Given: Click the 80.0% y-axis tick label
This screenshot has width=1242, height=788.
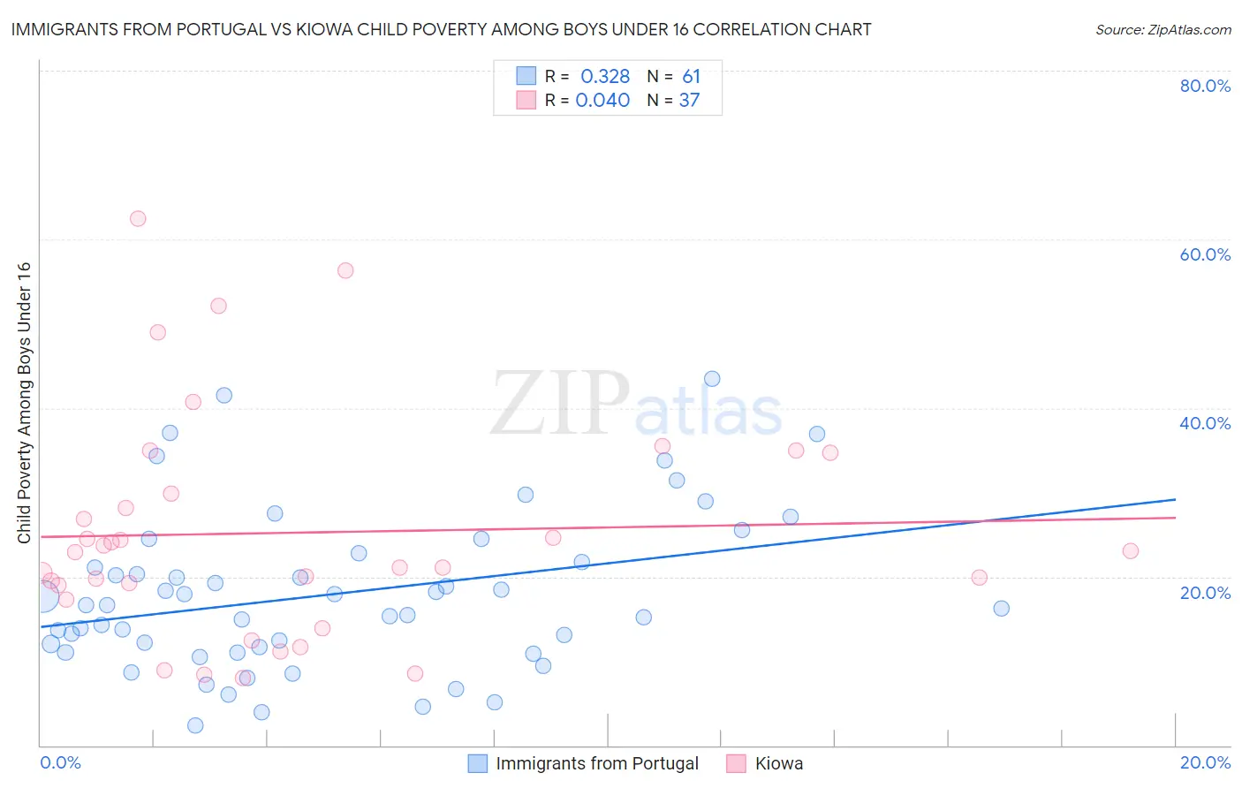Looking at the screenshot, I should tap(1205, 86).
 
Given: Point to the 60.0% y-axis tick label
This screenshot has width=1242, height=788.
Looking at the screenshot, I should tap(1205, 254).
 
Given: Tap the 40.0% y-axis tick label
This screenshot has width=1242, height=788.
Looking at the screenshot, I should tap(1205, 423).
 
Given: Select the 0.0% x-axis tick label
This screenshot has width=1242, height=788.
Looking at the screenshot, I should tap(60, 762).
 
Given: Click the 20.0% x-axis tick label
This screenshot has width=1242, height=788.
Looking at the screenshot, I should tap(1205, 762).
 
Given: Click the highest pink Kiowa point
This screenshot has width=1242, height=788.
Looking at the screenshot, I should tap(138, 219).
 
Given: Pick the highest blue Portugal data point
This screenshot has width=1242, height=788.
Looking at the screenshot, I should tap(712, 379).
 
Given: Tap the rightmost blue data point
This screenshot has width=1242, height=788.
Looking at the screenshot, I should tap(1001, 609).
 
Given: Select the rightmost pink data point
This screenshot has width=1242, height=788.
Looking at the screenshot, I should tap(1131, 551).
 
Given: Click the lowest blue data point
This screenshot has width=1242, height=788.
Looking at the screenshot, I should tap(195, 725).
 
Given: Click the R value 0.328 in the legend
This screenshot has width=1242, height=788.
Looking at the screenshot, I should tap(605, 77).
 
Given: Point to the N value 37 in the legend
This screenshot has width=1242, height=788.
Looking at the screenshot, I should tap(689, 101).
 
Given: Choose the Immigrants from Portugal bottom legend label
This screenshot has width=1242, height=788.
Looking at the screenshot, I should tap(596, 763).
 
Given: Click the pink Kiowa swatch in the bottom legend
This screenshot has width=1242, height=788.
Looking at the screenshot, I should tap(736, 763).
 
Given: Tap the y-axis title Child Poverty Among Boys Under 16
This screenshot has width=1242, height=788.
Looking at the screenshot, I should tap(24, 403).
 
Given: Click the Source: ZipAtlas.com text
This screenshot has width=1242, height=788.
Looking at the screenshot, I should tap(1162, 30).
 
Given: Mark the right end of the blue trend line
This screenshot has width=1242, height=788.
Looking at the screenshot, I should tap(1176, 499).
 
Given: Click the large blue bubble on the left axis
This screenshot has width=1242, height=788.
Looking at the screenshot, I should tap(42, 596).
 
